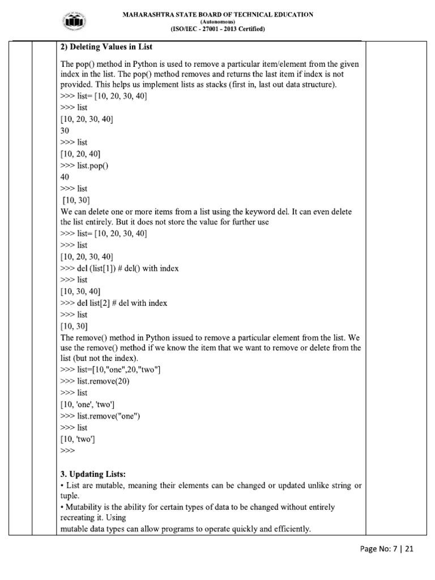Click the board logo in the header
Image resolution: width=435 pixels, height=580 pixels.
click(x=74, y=22)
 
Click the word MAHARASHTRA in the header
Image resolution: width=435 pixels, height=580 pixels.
click(x=146, y=15)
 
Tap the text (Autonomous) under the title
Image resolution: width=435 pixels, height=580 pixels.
click(x=217, y=22)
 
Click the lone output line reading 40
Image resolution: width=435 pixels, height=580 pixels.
click(x=65, y=177)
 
